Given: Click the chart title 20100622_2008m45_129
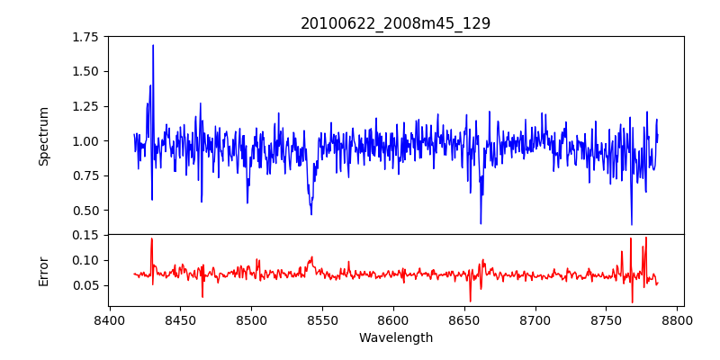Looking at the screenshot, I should coord(395,23).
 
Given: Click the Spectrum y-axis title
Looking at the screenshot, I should coord(43,136).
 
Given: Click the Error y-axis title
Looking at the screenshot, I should coord(43,270).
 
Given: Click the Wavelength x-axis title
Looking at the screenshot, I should coord(395,338).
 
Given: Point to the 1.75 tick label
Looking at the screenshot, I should coord(86,37).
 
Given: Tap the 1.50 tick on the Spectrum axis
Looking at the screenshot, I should coord(86,71).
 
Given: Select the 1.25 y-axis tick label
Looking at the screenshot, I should coord(86,106).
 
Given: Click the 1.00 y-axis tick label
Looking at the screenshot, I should coord(86,140).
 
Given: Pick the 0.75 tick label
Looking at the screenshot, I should coord(86,175).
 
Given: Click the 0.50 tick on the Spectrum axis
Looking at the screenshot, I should coord(86,210).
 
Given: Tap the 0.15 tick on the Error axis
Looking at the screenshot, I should coord(86,235).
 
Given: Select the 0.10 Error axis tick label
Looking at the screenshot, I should coord(86,260).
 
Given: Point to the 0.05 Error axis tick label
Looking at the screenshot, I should coord(86,285).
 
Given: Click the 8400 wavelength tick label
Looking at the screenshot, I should coord(109,320).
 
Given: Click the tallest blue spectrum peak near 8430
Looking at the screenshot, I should coord(153,46).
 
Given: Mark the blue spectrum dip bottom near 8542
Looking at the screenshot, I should coord(311,213).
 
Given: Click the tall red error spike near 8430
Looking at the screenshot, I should coord(151,239).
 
